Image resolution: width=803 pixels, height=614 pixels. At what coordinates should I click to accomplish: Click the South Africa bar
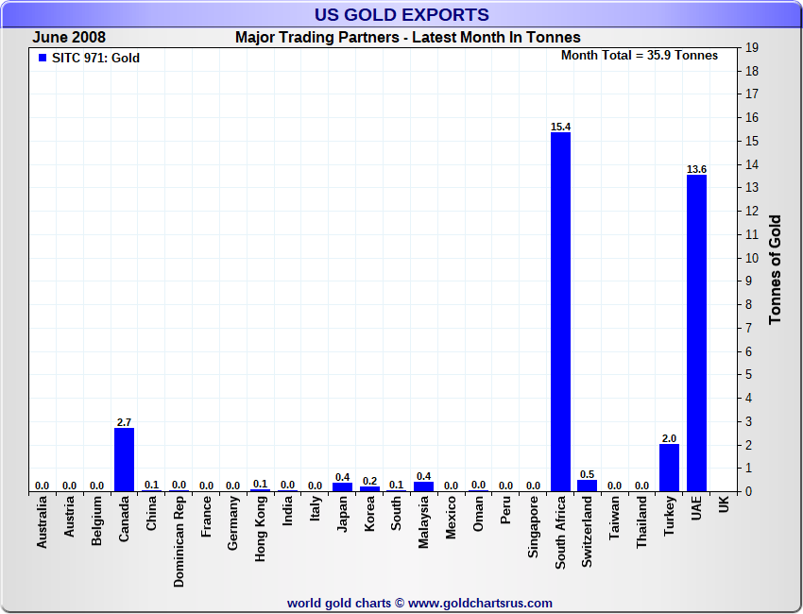(x=560, y=312)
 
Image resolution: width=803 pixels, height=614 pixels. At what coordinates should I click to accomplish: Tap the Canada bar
(x=124, y=459)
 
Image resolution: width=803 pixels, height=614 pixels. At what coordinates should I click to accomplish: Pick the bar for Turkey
(x=669, y=468)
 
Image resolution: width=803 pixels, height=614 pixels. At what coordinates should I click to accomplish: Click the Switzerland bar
(x=588, y=486)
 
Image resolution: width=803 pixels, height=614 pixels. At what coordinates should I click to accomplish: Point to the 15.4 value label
(x=560, y=127)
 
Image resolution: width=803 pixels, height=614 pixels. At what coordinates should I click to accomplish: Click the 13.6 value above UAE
(x=696, y=169)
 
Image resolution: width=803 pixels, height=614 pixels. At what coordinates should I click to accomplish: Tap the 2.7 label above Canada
(x=124, y=422)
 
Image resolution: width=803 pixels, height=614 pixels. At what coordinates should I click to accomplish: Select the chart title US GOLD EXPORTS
(x=401, y=14)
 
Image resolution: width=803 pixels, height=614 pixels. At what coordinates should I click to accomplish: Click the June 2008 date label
(x=69, y=38)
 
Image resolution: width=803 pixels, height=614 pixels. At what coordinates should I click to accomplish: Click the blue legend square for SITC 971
(x=42, y=58)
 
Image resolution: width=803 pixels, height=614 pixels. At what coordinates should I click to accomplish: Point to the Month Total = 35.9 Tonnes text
(x=640, y=56)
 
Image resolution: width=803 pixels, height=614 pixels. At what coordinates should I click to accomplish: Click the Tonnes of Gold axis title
(x=776, y=269)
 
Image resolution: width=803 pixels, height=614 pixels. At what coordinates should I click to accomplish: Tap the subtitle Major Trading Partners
(x=408, y=38)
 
